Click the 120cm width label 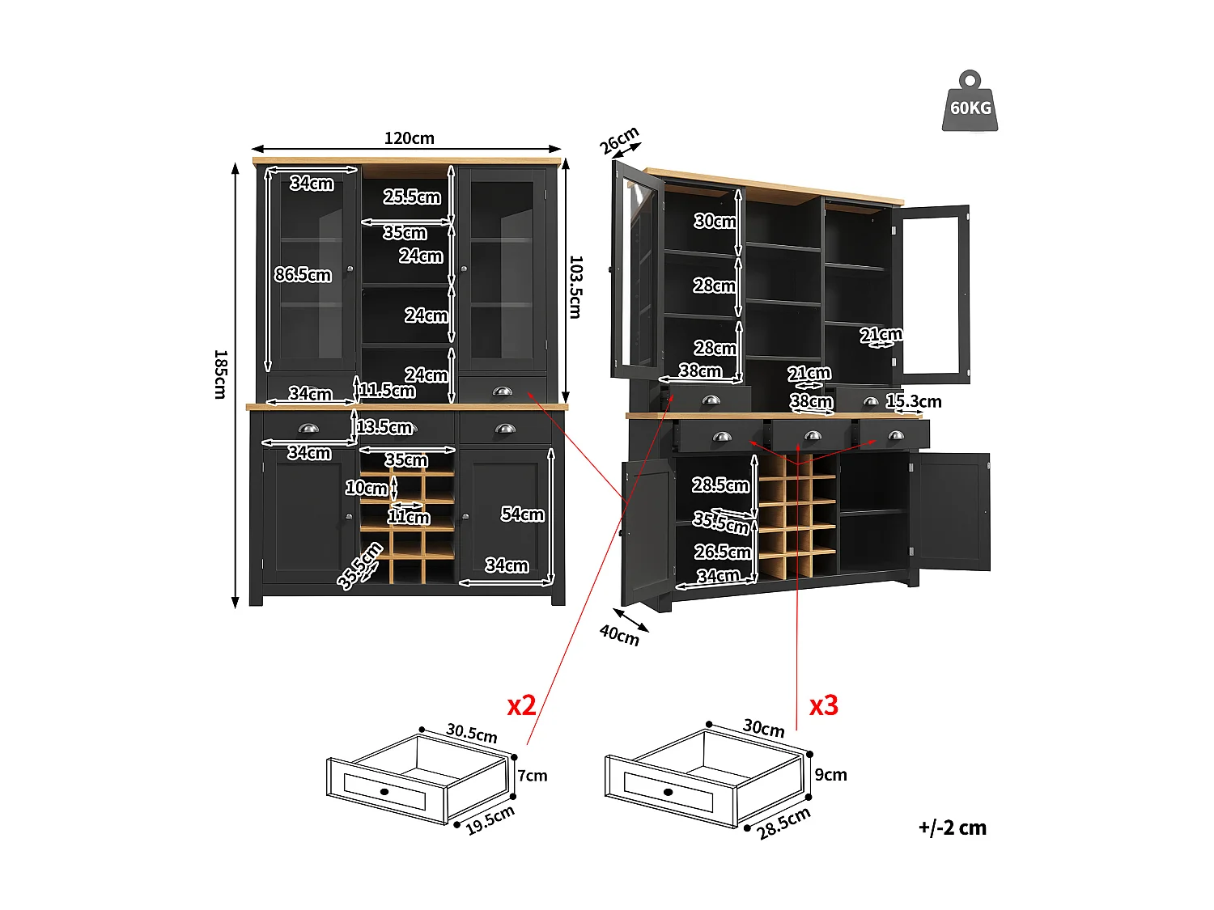coord(409,138)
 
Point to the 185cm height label coord(219,374)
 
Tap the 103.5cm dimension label coord(575,287)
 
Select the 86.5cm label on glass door coord(303,275)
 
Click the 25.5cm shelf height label coord(412,197)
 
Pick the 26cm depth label coord(619,141)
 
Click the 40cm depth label coord(619,636)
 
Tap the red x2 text coord(521,705)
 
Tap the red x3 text coord(824,705)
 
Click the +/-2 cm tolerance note coord(952,827)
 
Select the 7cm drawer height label coord(533,776)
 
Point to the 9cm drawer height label coord(830,775)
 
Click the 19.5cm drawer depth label coord(490,819)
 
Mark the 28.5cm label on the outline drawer coord(783,823)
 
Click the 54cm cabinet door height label coord(522,514)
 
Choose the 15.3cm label coord(914,401)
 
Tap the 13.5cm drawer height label coord(384,427)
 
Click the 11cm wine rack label coord(409,517)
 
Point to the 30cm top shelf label coord(715,221)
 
